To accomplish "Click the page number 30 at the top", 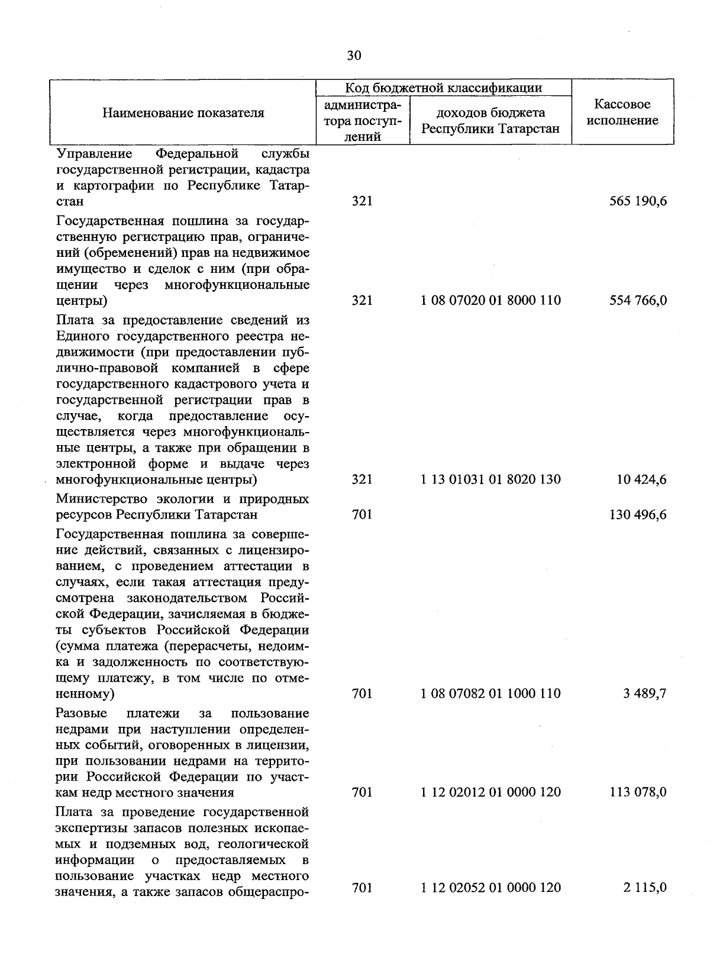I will click(x=354, y=56).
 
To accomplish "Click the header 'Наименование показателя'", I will click(x=183, y=112).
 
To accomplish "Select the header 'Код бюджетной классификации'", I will click(x=444, y=88).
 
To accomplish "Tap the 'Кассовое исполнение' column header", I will click(x=622, y=112).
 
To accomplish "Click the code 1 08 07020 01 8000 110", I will click(x=490, y=300).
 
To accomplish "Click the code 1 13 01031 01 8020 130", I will click(x=490, y=479).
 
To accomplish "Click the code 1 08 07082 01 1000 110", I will click(x=490, y=693).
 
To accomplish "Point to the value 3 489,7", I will click(x=644, y=693).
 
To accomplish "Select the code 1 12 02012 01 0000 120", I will click(x=490, y=792).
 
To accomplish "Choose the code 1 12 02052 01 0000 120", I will click(x=490, y=887).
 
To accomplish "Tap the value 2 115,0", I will click(x=644, y=887).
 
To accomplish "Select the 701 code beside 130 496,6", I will click(x=362, y=515).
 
